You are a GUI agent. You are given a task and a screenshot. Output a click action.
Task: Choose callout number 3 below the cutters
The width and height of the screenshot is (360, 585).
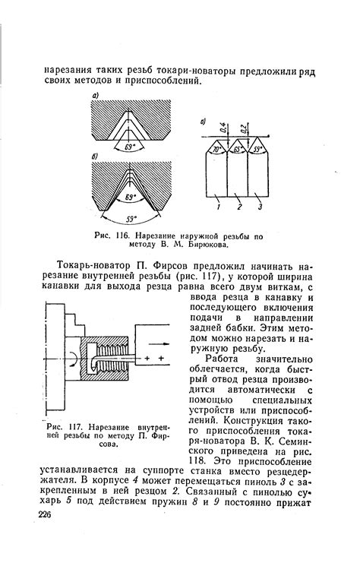pos(261,207)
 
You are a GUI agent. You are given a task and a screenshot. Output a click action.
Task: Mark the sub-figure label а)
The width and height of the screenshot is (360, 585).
pos(96,94)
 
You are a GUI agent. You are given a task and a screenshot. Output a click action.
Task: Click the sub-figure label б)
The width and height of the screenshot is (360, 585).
pos(96,156)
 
